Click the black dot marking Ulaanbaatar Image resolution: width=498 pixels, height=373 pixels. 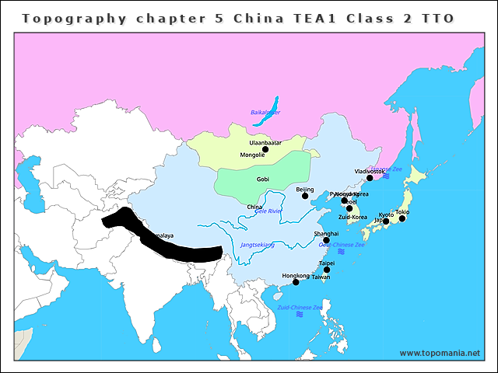point(265,149)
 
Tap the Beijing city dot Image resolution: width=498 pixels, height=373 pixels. point(305,196)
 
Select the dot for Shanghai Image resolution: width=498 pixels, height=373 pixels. point(326,240)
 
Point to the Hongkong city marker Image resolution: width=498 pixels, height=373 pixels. point(296,282)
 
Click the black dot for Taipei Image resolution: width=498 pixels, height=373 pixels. point(327,270)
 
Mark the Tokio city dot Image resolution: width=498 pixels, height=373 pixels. point(402,218)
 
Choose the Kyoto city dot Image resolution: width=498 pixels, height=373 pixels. point(386,221)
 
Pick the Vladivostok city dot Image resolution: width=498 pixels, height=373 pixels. point(370,178)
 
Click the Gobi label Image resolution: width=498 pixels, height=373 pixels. point(263,180)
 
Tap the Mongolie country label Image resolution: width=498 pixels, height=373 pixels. point(253,155)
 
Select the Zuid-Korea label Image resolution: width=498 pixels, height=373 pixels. point(352,218)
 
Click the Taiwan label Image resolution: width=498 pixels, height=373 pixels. point(321,277)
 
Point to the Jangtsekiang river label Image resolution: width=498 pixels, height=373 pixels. point(258,245)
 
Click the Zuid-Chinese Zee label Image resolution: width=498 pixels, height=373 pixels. point(300,308)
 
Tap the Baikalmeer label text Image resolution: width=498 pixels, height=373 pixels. point(265,113)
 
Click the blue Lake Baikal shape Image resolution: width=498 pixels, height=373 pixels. point(274,103)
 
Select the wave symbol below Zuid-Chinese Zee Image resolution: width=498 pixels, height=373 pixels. point(300,315)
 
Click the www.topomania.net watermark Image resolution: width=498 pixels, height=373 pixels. point(440,353)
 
